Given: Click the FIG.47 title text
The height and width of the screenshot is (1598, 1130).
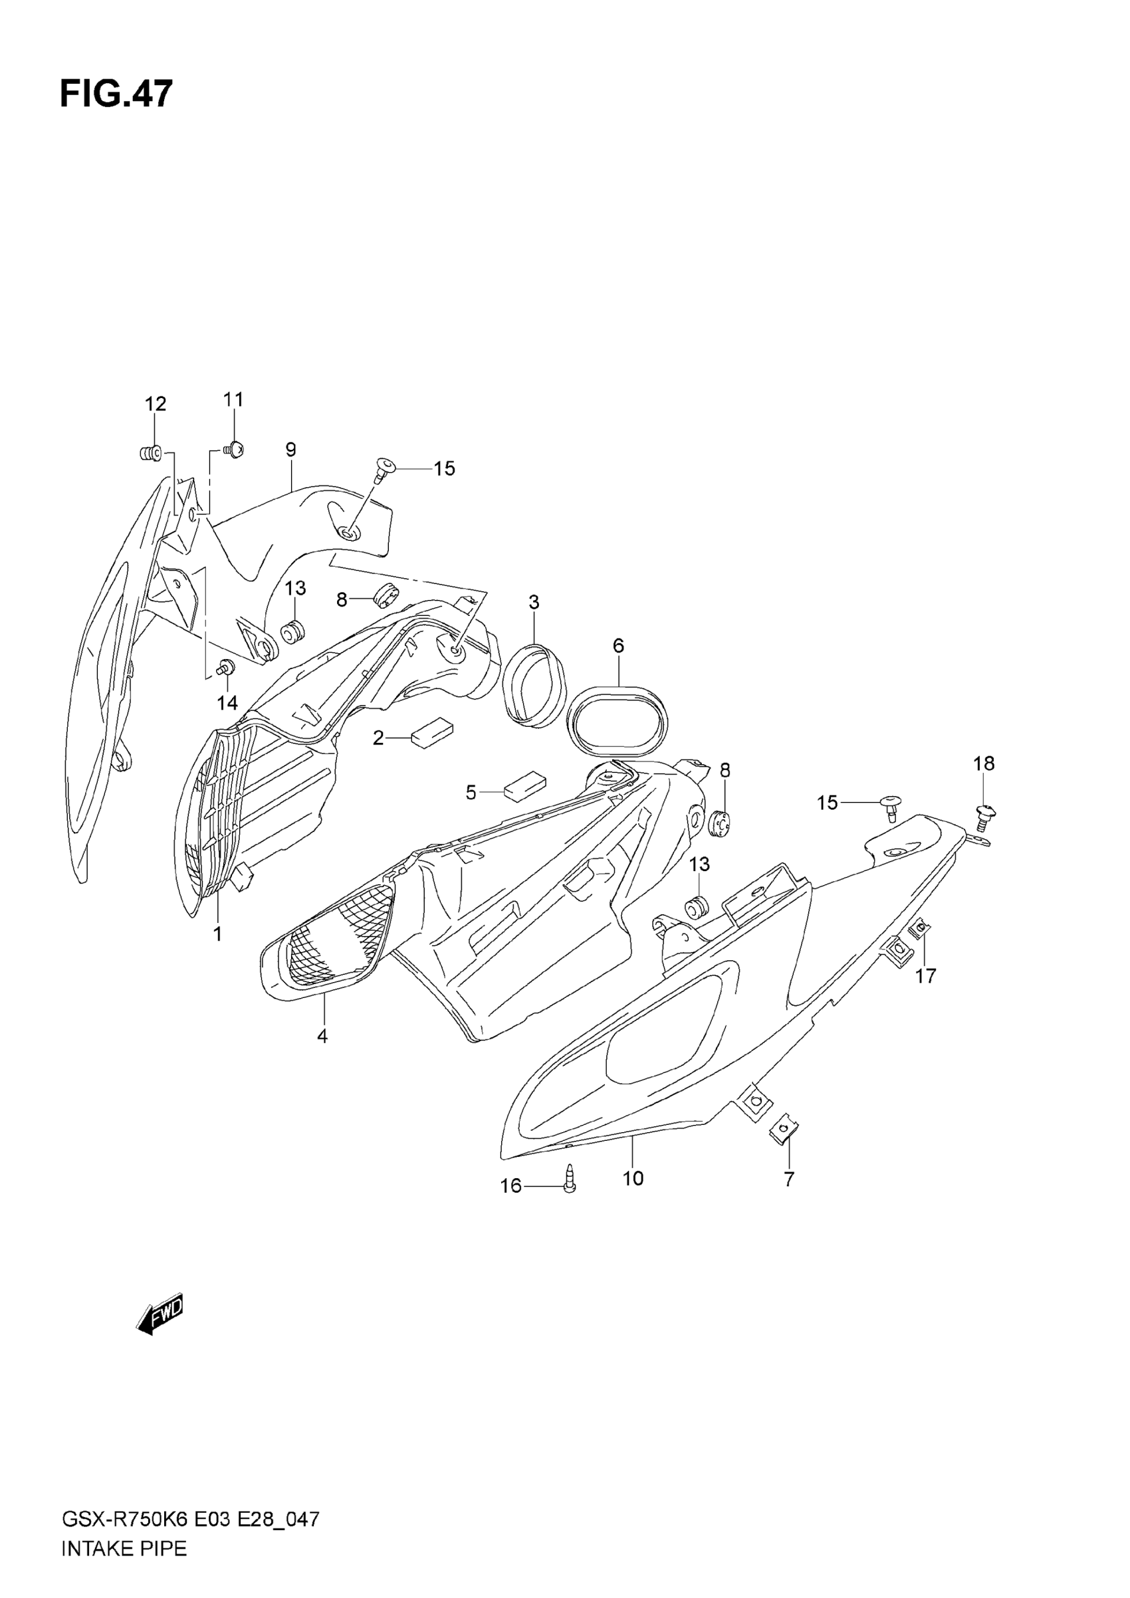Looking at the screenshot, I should point(116,94).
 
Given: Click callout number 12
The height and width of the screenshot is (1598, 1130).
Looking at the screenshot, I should point(156,404).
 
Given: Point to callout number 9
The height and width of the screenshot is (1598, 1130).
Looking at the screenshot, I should point(291,450).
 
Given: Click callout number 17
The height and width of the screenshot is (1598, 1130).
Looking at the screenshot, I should point(925,977).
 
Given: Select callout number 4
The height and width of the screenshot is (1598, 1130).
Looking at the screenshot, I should point(322,1056).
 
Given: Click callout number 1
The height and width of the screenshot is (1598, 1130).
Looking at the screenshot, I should point(218,934).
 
